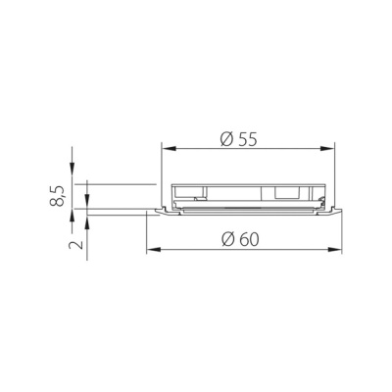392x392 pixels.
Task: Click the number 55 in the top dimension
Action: click(x=247, y=139)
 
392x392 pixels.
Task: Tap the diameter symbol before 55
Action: click(x=227, y=139)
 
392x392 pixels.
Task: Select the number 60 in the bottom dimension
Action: click(x=249, y=240)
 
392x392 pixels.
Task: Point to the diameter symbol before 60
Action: click(x=228, y=240)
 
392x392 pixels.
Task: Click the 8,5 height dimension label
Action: click(x=57, y=195)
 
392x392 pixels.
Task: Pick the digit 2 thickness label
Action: click(x=76, y=244)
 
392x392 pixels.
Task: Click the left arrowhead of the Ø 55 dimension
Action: click(x=168, y=149)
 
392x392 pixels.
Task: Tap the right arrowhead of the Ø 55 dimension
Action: click(x=329, y=149)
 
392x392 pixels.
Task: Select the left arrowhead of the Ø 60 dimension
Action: click(x=153, y=250)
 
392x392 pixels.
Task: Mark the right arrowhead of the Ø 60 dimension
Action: click(x=336, y=250)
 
